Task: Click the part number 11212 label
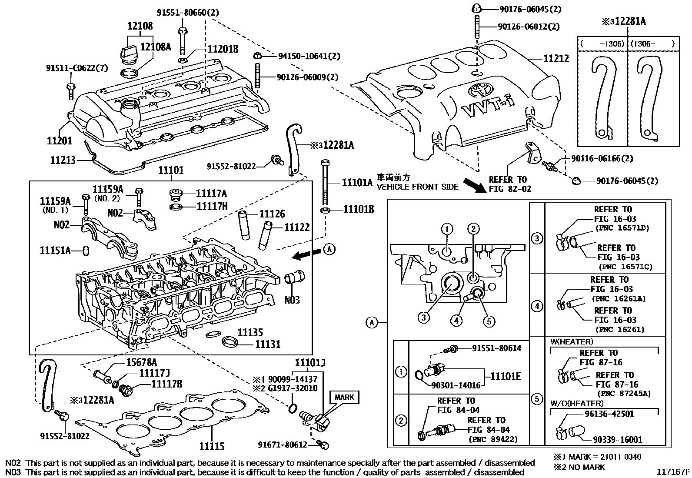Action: click(x=556, y=58)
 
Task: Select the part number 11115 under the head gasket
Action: click(x=212, y=446)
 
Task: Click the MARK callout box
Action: click(x=344, y=397)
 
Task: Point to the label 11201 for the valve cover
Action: click(x=60, y=140)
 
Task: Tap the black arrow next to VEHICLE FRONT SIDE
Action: click(x=475, y=184)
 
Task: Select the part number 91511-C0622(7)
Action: click(x=77, y=68)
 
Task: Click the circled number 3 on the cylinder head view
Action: click(x=424, y=317)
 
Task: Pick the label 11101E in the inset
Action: click(x=505, y=377)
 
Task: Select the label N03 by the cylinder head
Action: click(x=292, y=300)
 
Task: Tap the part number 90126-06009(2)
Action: click(x=307, y=77)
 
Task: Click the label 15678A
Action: click(x=142, y=362)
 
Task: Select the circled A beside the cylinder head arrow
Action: click(x=329, y=249)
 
